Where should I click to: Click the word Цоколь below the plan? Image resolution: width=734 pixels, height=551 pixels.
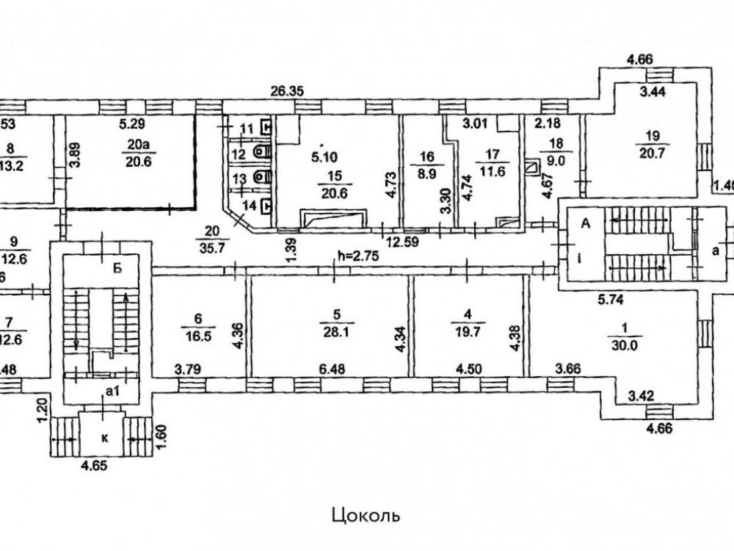click(x=366, y=514)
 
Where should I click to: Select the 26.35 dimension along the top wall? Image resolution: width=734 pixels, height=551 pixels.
click(x=287, y=92)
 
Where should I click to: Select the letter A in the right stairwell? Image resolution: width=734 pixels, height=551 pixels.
click(x=586, y=223)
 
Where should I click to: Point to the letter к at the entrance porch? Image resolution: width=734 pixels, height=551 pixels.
click(x=105, y=437)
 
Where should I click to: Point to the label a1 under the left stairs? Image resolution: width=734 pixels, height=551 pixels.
click(x=111, y=392)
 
